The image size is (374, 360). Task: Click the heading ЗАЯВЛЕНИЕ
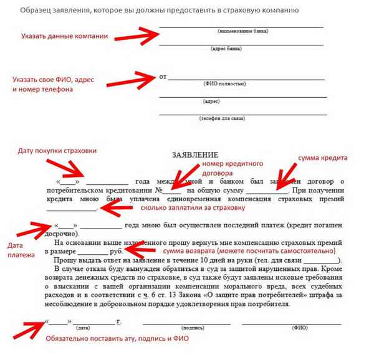[194, 154]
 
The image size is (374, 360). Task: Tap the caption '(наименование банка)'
[241, 31]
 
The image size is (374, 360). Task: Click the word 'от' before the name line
[164, 77]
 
